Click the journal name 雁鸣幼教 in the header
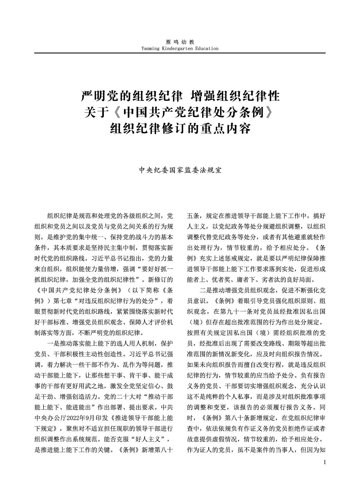[180, 42]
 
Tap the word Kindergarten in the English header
[177, 48]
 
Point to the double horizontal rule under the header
[180, 53]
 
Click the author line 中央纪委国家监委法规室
[180, 170]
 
